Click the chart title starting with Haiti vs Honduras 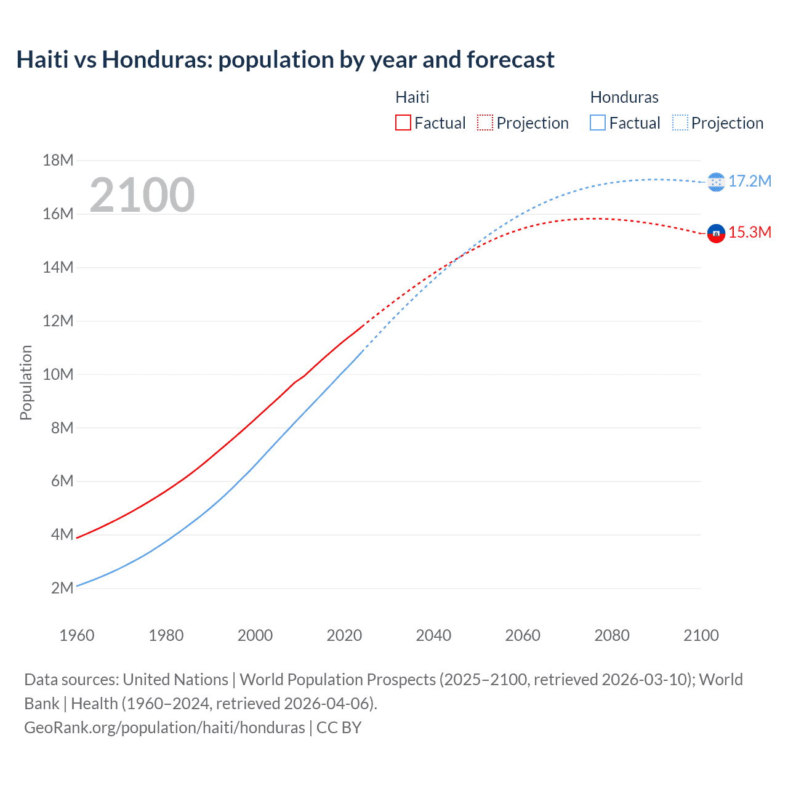point(285,60)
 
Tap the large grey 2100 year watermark point(142,195)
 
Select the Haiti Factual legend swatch point(403,123)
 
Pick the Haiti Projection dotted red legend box point(485,123)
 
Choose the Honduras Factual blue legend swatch point(597,123)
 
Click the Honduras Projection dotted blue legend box point(680,123)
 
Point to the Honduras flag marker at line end point(716,182)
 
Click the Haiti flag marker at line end point(716,233)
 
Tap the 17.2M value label point(750,181)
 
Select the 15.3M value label point(750,232)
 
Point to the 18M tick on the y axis point(58,161)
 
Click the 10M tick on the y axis point(58,374)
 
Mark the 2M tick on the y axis point(62,588)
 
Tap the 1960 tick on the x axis point(77,635)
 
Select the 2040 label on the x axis point(433,635)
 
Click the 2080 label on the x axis point(612,635)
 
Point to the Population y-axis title point(26,382)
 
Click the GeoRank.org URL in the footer point(164,728)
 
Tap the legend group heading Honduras point(624,97)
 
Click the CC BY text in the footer point(339,728)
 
